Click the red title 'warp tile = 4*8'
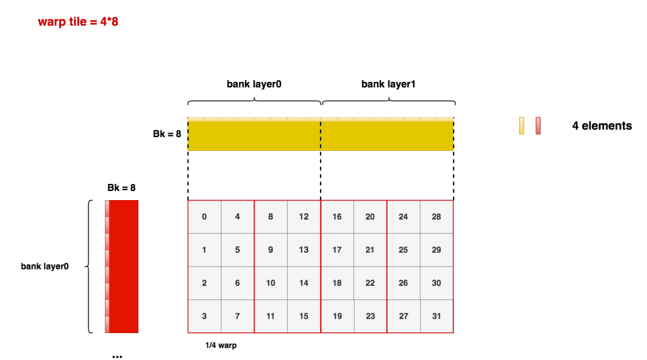point(78,22)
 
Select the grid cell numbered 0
point(204,217)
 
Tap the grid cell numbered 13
point(304,250)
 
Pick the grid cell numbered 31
point(437,316)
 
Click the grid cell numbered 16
point(337,217)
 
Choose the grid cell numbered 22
point(370,283)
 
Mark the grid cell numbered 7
point(237,316)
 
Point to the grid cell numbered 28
point(437,217)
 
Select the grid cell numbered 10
point(271,283)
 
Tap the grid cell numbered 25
point(403,250)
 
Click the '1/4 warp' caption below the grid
point(220,346)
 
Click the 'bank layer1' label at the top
point(388,84)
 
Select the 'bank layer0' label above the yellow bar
point(254,84)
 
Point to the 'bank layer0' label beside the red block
point(44,267)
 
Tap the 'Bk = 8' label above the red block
point(121,187)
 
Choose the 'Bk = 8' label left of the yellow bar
point(167,134)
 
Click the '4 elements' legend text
point(602,126)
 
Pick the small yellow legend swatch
point(522,126)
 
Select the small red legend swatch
point(538,126)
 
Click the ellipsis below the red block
point(117,356)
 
